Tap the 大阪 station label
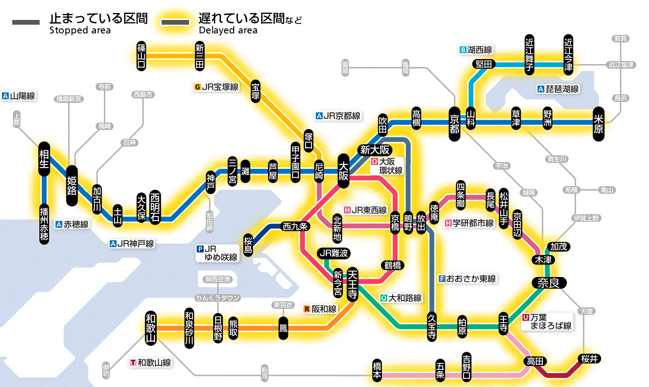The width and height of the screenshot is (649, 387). click(x=344, y=171)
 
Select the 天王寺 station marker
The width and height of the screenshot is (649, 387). click(x=352, y=284)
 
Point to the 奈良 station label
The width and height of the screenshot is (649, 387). click(x=549, y=283)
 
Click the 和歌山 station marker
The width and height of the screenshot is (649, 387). click(x=151, y=328)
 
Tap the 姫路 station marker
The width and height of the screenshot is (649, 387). click(x=72, y=186)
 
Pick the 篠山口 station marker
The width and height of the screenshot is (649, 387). click(x=142, y=56)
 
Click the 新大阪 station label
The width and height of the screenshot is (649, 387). click(x=376, y=150)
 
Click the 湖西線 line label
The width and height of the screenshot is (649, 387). click(x=480, y=50)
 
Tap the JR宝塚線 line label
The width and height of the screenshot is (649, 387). click(x=220, y=87)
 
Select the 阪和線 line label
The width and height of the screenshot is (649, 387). click(x=324, y=309)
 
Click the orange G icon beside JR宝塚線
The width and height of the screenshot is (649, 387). click(x=198, y=87)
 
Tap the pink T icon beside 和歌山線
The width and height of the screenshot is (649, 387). click(x=133, y=362)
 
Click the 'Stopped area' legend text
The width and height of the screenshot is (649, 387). click(x=80, y=30)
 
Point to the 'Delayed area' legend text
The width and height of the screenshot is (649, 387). click(x=228, y=30)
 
